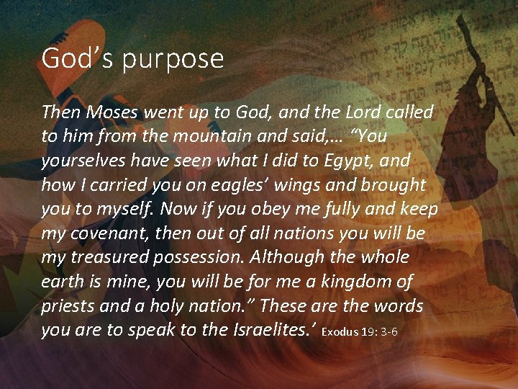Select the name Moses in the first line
tap(106, 112)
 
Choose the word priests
tap(71, 305)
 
